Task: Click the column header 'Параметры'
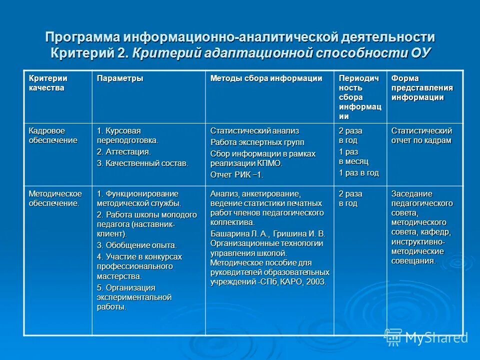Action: tap(120, 78)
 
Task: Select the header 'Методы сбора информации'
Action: tap(266, 78)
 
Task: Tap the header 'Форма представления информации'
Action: tap(422, 88)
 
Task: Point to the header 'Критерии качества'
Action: tap(48, 83)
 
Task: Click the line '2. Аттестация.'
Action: tap(123, 151)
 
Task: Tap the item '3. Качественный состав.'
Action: tap(142, 163)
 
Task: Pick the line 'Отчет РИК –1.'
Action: tap(236, 174)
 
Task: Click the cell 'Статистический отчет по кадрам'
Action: tap(421, 135)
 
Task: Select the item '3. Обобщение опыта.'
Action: tap(136, 245)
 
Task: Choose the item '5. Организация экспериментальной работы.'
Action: tap(134, 297)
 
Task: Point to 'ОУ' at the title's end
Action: tap(419, 52)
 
